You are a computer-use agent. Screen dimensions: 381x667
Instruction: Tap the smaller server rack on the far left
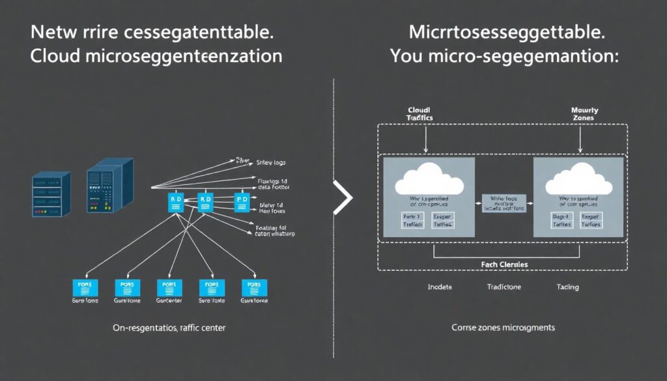[x=51, y=194]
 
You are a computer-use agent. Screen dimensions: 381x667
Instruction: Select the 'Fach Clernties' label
[x=504, y=264]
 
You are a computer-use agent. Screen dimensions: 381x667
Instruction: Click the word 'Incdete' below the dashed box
[x=440, y=287]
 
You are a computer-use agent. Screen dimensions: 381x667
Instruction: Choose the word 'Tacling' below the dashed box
[x=567, y=287]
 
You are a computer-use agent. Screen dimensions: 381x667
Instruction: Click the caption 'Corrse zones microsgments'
[x=503, y=328]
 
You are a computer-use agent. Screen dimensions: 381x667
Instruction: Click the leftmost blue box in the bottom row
[x=84, y=287]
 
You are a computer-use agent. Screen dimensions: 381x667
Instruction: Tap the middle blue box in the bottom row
[x=169, y=287]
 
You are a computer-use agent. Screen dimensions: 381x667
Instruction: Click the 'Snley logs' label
[x=272, y=162]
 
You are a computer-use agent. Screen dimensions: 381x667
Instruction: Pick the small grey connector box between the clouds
[x=505, y=203]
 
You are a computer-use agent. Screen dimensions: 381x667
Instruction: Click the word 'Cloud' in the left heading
[x=55, y=56]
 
